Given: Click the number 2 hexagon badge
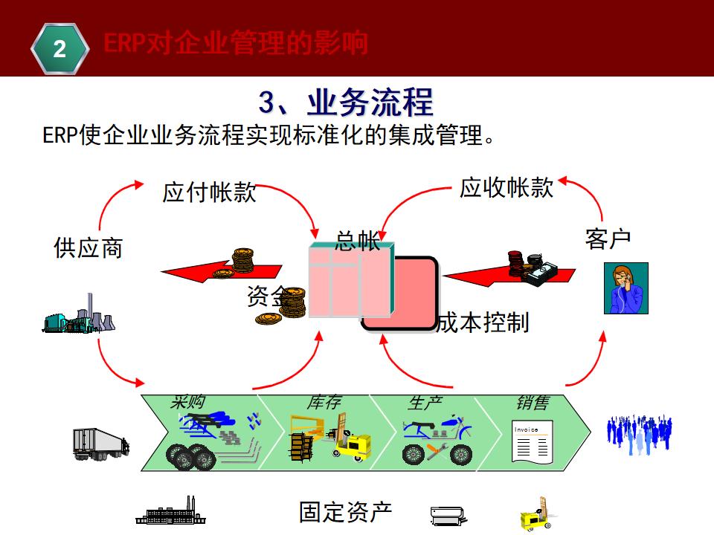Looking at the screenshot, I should point(59,49).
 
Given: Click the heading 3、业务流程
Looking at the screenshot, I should point(345,102).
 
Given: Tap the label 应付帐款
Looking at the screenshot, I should point(209,192).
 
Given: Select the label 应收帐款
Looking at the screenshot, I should point(506,187).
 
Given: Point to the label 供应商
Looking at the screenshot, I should point(88,247).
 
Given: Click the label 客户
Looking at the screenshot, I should point(608,239).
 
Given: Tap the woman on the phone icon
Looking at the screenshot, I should point(625,288).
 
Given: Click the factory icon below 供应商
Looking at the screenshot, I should point(78,315).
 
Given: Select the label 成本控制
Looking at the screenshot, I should point(483,322).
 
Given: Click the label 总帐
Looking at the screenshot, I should point(358,241).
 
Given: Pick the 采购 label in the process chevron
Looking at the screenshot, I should point(187,402).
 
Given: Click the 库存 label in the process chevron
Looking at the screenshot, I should point(324,403).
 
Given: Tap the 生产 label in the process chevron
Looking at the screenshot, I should point(425,403).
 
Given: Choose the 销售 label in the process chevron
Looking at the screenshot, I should point(533,403).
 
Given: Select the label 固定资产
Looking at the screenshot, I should point(345,512).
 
